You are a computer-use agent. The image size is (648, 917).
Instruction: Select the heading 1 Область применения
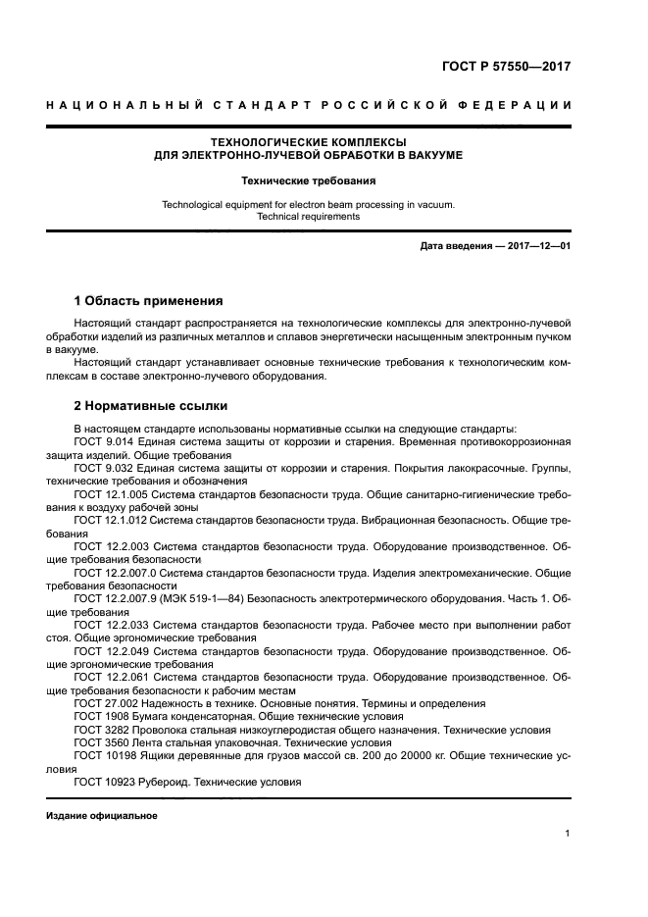(149, 300)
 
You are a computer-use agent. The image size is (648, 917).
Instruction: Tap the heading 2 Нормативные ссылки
(152, 406)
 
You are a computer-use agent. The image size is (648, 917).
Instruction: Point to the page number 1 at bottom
(568, 834)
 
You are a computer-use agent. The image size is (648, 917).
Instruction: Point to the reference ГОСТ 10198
(102, 755)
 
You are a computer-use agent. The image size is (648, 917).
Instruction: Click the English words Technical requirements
(308, 217)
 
